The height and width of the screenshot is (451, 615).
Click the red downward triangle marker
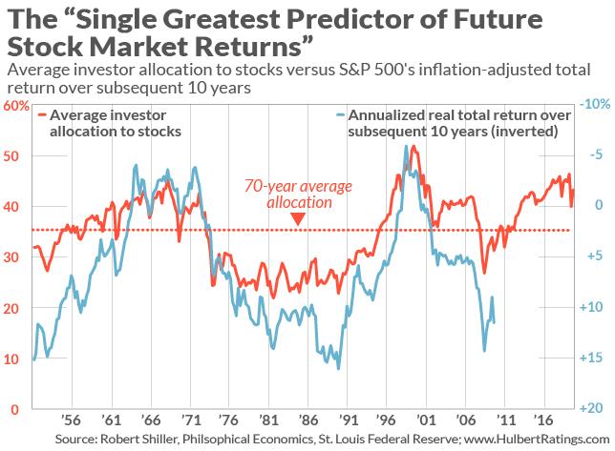298,220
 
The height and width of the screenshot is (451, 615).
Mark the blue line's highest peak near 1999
407,146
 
